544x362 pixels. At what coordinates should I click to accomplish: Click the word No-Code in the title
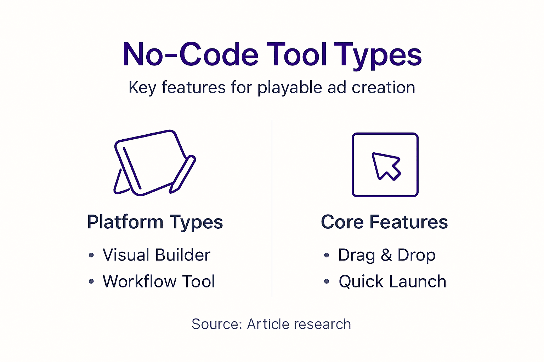point(191,55)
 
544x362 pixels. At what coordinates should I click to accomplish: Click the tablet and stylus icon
point(151,163)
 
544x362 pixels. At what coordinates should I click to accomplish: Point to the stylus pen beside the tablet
point(183,174)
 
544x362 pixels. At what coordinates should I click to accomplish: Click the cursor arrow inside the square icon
point(386,166)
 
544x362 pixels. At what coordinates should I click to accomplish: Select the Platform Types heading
point(155,222)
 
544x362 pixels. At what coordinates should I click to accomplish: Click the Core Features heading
point(384,222)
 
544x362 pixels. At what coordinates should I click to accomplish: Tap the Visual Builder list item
point(156,255)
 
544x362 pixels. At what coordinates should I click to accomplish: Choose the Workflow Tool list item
point(159,282)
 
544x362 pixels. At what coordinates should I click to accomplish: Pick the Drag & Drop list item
point(387,255)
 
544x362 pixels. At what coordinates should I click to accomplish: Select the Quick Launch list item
point(392,282)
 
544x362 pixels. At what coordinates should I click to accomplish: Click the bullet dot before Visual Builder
point(91,255)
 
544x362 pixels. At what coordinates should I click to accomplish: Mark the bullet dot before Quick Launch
point(327,282)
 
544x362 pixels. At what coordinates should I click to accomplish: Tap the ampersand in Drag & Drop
point(386,255)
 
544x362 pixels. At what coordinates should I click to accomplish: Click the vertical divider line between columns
point(272,209)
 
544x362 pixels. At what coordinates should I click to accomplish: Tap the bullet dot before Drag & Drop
point(327,255)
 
